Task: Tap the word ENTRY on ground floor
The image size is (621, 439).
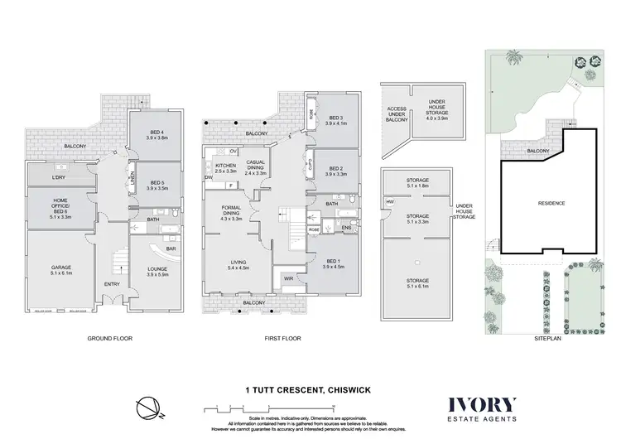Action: tap(112, 284)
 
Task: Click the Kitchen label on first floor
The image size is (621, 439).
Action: tap(225, 168)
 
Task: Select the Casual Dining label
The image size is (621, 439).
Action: tap(255, 167)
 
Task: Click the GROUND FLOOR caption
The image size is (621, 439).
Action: tap(111, 339)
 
